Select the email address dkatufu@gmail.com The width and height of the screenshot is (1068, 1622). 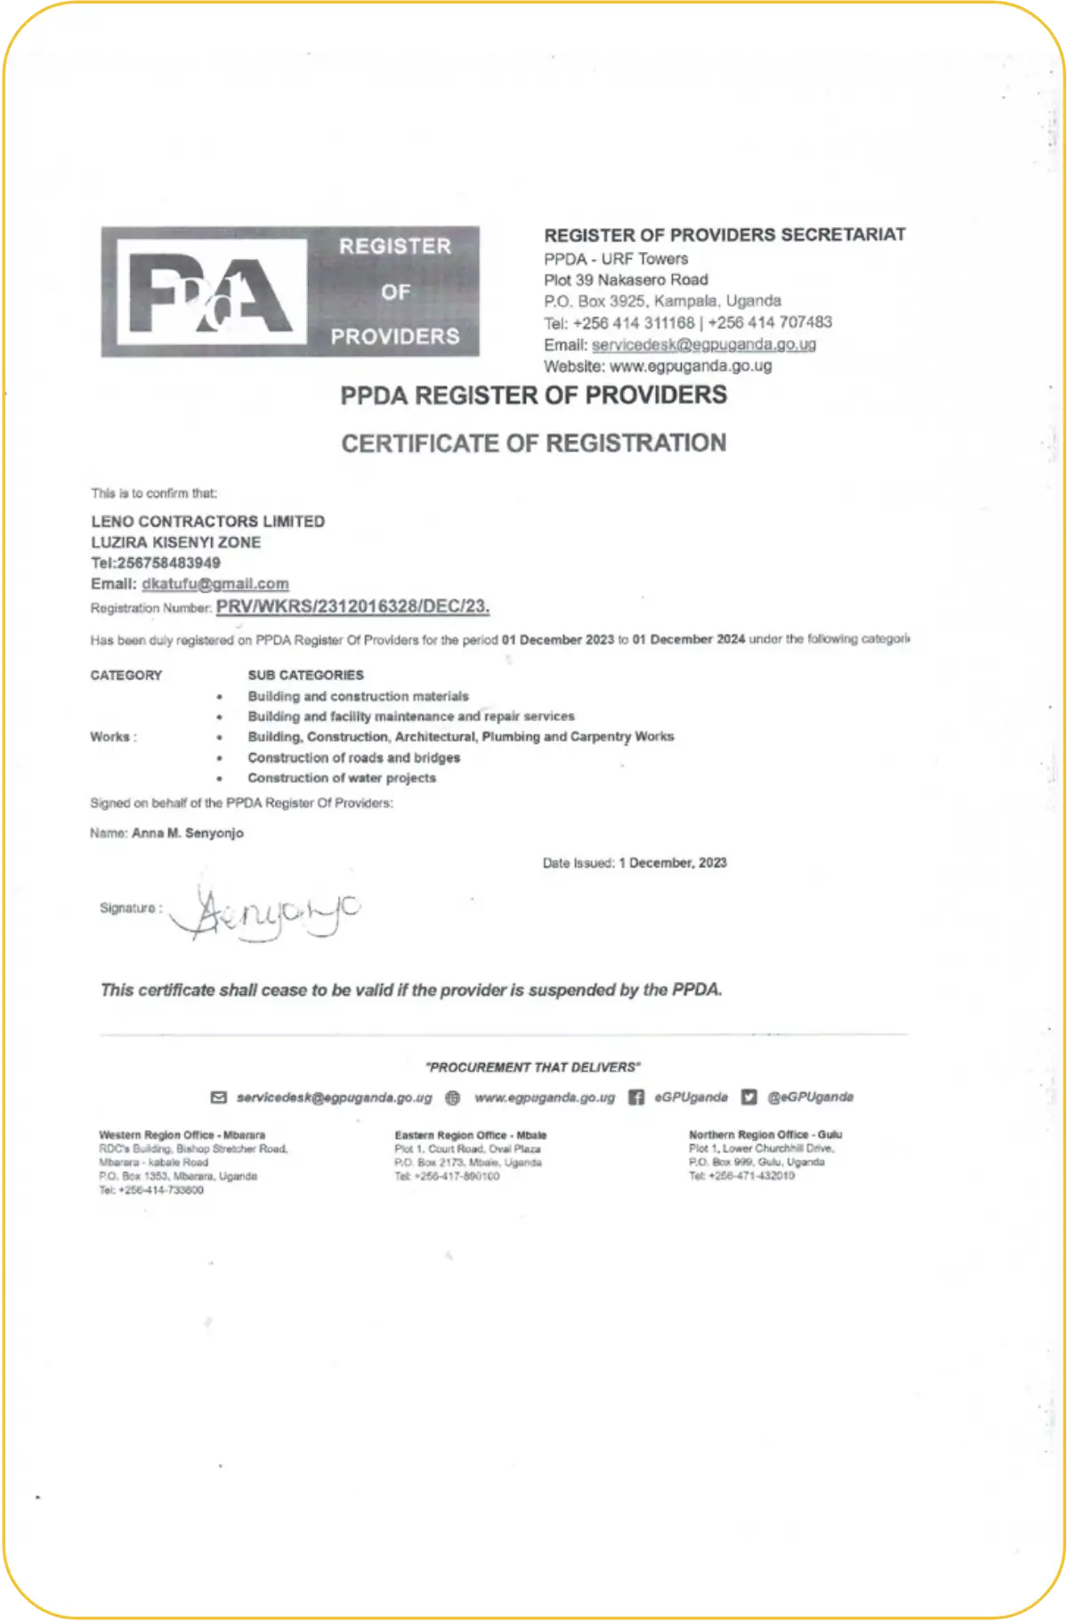pos(214,584)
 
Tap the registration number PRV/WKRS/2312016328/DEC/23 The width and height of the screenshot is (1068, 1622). pos(352,607)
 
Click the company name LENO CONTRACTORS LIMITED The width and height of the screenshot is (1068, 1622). pos(207,522)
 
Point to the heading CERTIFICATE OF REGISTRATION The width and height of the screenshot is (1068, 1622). pos(533,443)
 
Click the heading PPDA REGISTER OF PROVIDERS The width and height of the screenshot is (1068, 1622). pos(533,395)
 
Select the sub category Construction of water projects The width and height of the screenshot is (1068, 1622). pos(342,778)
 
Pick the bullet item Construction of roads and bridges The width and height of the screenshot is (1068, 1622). pos(353,758)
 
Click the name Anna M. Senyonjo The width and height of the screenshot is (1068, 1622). pos(187,833)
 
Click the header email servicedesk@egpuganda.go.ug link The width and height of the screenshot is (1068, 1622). pos(703,345)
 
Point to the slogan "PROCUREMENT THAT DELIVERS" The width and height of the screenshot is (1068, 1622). pos(533,1066)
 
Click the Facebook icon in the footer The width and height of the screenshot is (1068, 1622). pos(636,1097)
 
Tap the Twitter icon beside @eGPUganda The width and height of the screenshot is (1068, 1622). pos(749,1097)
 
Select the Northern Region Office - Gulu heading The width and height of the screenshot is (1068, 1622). pos(765,1134)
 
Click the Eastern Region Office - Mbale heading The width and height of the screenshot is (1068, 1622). pos(470,1135)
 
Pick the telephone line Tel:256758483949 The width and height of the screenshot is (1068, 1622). pos(156,563)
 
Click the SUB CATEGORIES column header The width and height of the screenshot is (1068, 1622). pos(305,675)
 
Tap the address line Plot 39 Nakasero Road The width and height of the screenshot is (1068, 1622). pos(626,280)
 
